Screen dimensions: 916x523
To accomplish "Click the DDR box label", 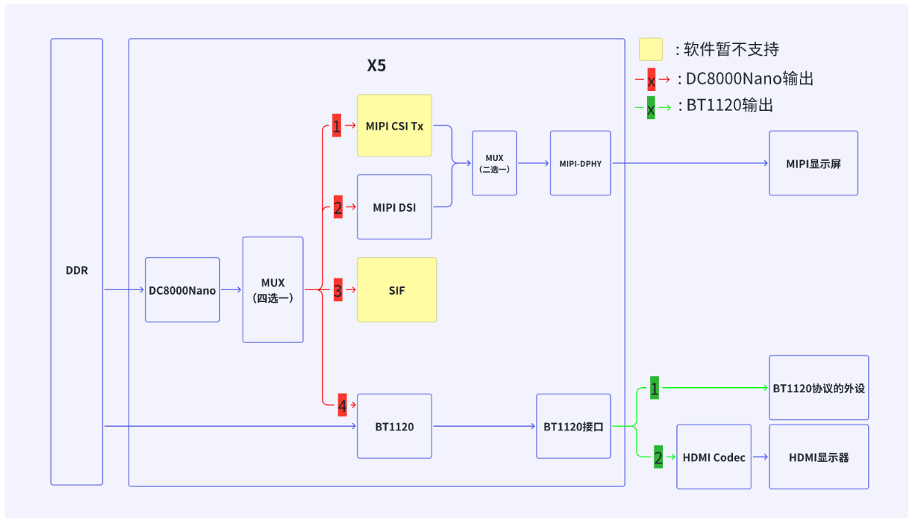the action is coord(77,270).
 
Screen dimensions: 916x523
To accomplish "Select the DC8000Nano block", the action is coord(182,289).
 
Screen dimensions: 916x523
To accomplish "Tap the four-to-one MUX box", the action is coord(273,289).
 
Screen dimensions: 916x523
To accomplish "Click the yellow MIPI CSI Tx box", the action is coord(395,126).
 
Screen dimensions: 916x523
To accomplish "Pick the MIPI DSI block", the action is coord(395,206).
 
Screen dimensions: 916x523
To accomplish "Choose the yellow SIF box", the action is coord(397,289).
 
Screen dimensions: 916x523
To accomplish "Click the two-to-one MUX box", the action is coord(495,163).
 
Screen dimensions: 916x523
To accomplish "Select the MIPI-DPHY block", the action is coord(580,163).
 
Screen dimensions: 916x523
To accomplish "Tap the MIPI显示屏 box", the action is coord(813,163).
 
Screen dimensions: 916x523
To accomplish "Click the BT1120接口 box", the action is coord(573,426).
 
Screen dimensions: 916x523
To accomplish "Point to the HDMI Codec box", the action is coord(714,457).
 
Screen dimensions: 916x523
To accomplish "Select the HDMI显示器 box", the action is coord(819,457).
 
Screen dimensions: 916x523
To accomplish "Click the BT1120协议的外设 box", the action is coord(819,388).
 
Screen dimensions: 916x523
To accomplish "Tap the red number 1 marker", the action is coord(337,126).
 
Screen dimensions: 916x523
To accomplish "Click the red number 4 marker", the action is coord(343,405).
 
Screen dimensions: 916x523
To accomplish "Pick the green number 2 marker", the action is coord(659,457).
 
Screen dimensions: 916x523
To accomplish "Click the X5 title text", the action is coord(376,65).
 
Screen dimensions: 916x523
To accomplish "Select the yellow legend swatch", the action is coord(651,49).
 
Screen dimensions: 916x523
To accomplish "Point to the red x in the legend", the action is coord(651,79).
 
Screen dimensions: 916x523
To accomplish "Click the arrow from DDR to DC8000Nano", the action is coord(124,289).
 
